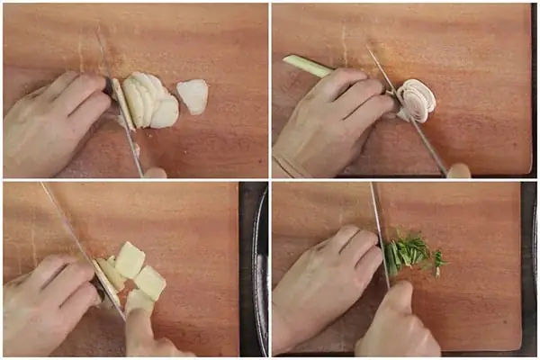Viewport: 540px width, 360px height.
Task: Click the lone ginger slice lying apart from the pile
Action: pos(193,95)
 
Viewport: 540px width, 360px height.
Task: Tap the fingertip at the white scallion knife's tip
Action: pos(459,170)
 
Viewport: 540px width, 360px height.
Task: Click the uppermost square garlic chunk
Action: pos(130,259)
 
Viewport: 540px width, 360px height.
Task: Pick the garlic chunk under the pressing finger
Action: pos(139,300)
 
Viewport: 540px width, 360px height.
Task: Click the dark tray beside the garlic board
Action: pos(256,270)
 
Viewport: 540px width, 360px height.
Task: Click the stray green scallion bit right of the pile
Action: pos(438,262)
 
